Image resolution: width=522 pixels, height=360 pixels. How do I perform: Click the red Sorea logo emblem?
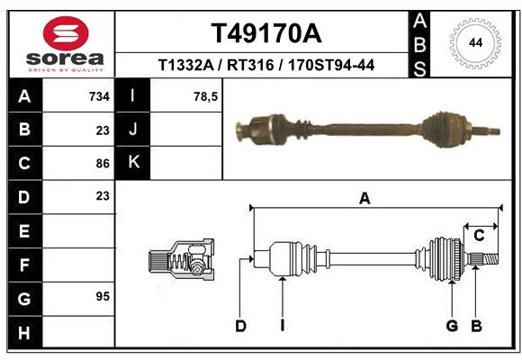tap(65, 34)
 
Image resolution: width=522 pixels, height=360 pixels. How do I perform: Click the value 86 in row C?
tap(102, 163)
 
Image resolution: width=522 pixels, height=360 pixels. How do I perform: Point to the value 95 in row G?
tap(102, 296)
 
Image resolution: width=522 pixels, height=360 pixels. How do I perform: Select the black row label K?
tap(134, 163)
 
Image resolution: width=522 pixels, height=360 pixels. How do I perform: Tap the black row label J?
tap(134, 130)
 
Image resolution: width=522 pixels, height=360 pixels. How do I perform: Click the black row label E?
tap(23, 231)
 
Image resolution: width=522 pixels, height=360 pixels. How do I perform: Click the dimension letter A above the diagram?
tap(364, 199)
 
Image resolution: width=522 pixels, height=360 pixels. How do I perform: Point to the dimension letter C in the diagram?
tap(480, 236)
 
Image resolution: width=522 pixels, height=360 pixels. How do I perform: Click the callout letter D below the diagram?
tap(240, 326)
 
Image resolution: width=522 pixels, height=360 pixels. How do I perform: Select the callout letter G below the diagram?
tap(453, 326)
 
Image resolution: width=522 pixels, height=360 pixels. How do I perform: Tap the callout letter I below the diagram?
tap(282, 326)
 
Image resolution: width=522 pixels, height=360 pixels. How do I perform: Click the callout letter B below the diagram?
tap(477, 326)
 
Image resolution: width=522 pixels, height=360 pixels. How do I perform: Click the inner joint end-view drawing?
tap(181, 261)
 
